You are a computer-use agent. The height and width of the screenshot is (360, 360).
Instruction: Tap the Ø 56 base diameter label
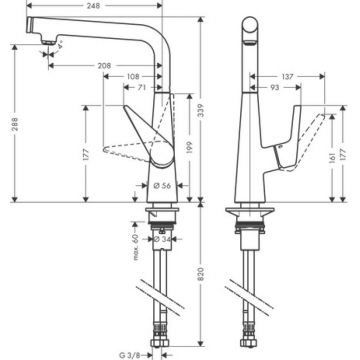tap(162, 186)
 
